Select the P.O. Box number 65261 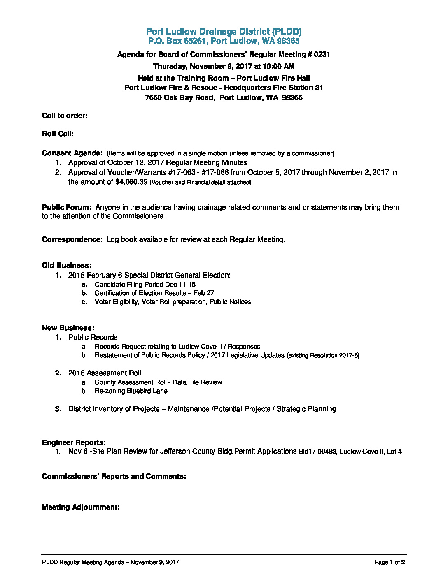click(x=196, y=41)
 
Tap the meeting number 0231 click(x=322, y=54)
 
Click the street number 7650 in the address click(x=154, y=97)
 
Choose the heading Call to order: click(x=65, y=116)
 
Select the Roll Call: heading click(x=58, y=134)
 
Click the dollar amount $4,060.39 click(x=131, y=182)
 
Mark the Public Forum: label click(x=66, y=207)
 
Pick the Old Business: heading click(x=67, y=265)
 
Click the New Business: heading click(x=68, y=328)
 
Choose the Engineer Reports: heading click(x=74, y=442)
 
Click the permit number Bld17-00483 click(x=317, y=452)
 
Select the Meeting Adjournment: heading click(x=81, y=507)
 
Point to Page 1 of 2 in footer click(x=390, y=562)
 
